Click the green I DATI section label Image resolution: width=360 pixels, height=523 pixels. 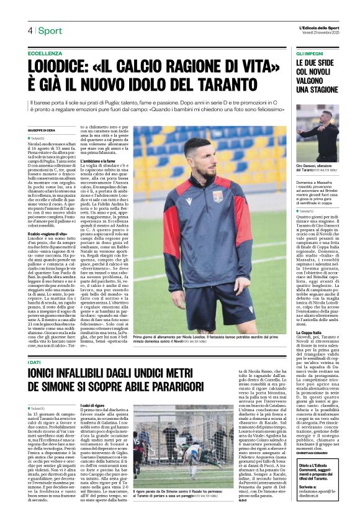(x=35, y=362)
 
